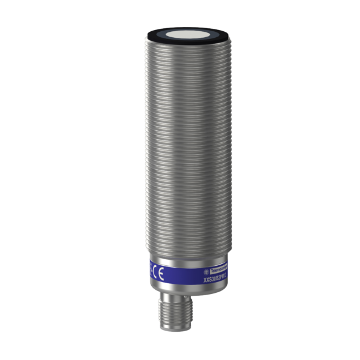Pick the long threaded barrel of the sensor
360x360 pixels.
point(180,150)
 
